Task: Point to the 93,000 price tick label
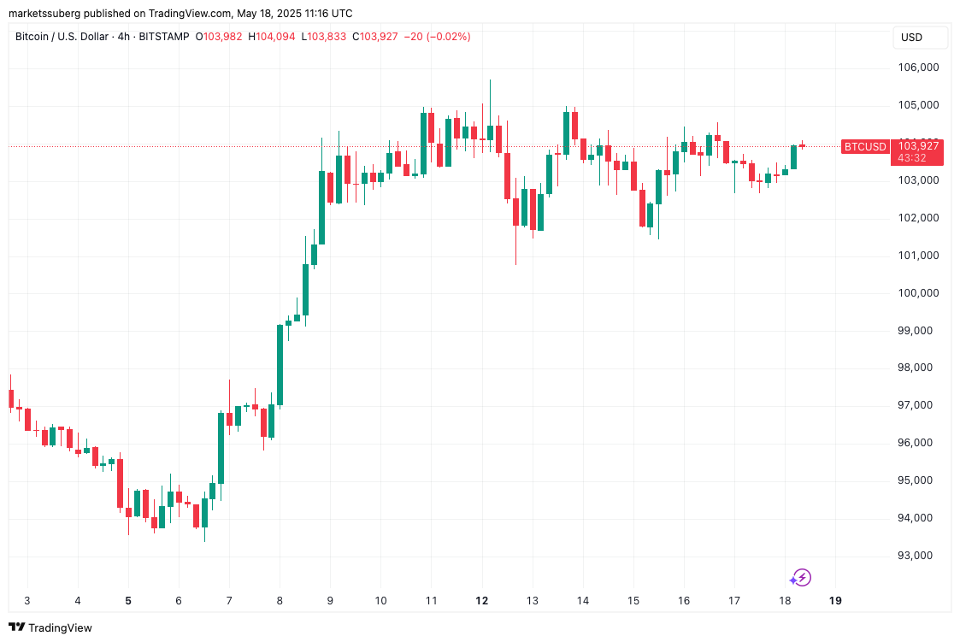(x=917, y=556)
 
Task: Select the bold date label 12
(x=482, y=600)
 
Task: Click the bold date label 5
(x=128, y=600)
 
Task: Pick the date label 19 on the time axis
(x=835, y=600)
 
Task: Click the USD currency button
(x=912, y=38)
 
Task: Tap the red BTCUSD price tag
(x=865, y=147)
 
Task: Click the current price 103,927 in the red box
(x=917, y=146)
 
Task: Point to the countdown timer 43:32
(x=911, y=158)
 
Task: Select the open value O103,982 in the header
(x=219, y=37)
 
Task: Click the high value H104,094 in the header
(x=271, y=37)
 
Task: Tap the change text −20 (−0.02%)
(x=437, y=37)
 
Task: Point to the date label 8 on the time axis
(x=280, y=600)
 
